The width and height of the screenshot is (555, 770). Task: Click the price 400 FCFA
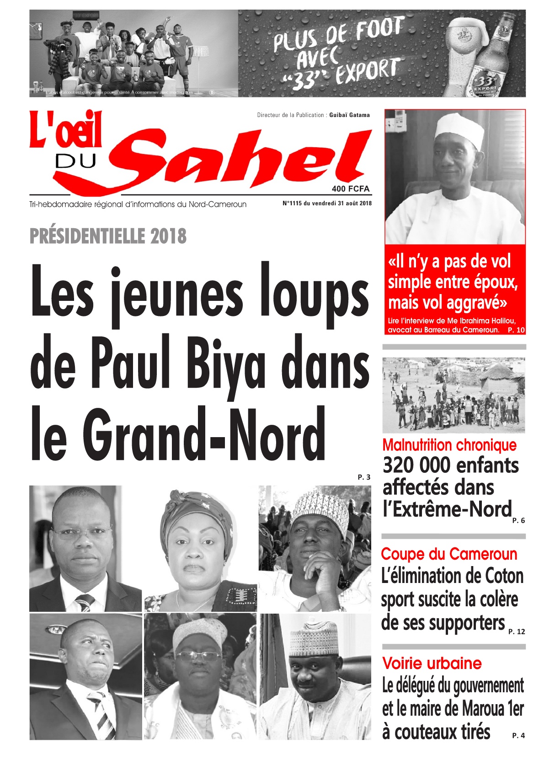351,189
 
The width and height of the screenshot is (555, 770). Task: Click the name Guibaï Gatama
349,115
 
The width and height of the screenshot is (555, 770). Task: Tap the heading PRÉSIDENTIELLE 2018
108,236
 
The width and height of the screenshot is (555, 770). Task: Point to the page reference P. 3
364,477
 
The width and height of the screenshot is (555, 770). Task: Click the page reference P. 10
516,330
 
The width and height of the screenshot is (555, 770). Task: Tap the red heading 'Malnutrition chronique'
449,445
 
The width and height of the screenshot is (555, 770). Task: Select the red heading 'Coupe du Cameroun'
449,554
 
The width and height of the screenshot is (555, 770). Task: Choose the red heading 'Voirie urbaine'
432,663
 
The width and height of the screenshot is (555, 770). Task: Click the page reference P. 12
517,632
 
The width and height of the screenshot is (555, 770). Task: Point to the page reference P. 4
518,736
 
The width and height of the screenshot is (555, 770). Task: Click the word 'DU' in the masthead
75,161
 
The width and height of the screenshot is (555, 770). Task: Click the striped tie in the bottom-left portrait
104,714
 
